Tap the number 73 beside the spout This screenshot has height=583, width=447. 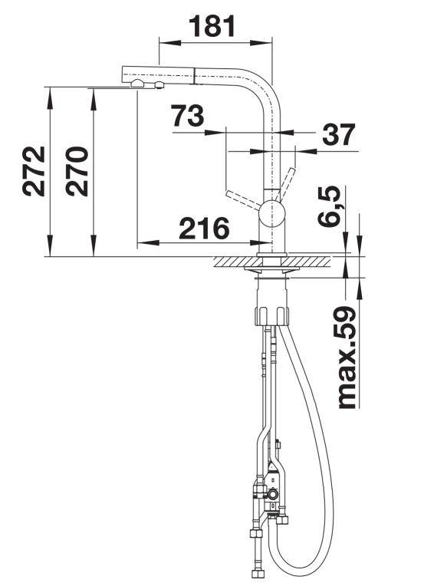[x=187, y=116]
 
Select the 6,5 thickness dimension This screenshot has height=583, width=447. [x=330, y=206]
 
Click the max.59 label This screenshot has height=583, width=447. [x=347, y=357]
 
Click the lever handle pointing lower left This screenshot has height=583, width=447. [x=244, y=198]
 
